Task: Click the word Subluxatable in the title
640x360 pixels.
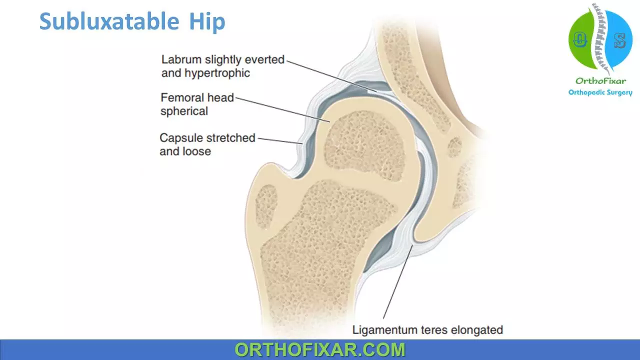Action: point(109,21)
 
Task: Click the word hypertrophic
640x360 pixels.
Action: point(217,73)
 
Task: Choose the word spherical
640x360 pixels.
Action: point(184,111)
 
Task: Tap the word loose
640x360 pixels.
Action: point(197,151)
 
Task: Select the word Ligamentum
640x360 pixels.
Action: point(385,330)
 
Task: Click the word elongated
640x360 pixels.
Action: point(477,330)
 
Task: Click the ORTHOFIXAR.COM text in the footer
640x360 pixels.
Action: point(320,349)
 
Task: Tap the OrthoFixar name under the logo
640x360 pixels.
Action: point(600,81)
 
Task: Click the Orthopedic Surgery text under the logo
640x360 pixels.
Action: point(600,92)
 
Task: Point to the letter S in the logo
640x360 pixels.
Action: point(619,40)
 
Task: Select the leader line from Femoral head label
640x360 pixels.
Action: point(283,110)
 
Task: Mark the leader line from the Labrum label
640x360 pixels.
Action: point(331,76)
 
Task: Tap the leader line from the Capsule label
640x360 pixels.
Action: point(280,141)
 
